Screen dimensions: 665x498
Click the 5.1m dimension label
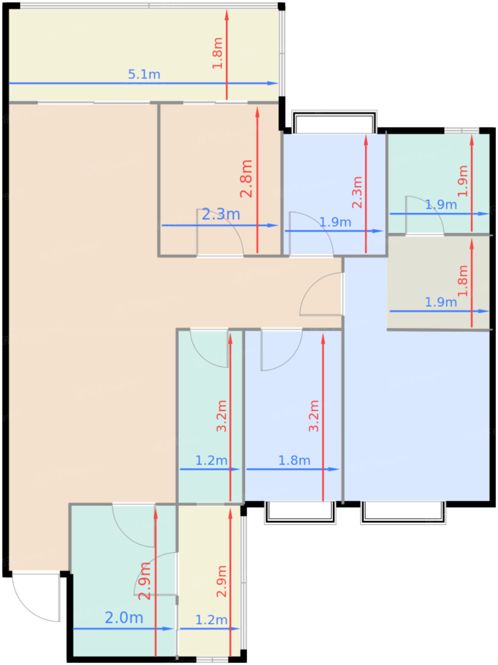tap(144, 75)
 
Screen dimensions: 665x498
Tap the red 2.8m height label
tap(246, 179)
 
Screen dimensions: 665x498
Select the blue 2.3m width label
tap(220, 214)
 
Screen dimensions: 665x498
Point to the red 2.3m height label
tap(357, 192)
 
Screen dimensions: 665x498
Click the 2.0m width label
tap(124, 617)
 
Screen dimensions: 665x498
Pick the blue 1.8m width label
tap(294, 460)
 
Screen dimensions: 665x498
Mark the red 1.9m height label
tap(462, 181)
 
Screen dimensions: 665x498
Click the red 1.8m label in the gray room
tap(462, 281)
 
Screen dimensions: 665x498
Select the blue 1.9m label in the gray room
tap(441, 302)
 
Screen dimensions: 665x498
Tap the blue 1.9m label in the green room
tap(441, 205)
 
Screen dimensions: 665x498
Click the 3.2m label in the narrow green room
tap(221, 416)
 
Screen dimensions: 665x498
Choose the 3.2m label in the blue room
tap(314, 416)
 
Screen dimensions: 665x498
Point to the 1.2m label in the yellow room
tap(211, 620)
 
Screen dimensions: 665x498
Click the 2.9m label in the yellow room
tap(221, 581)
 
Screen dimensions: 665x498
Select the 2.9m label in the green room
tap(144, 581)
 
